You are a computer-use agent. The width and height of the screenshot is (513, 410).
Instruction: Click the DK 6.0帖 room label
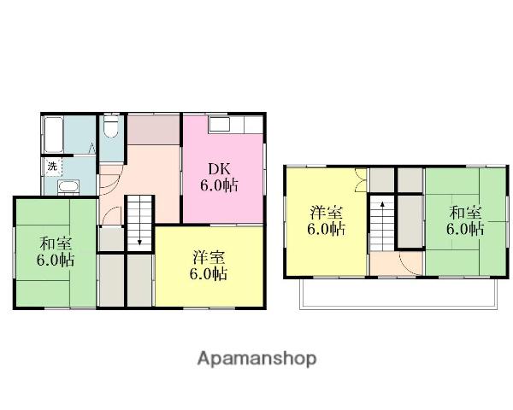point(219,177)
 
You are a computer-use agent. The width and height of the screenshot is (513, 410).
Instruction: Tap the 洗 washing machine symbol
point(52,167)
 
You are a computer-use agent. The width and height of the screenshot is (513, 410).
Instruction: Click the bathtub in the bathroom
point(54,134)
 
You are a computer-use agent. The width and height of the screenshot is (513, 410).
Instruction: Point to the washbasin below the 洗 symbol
point(68,187)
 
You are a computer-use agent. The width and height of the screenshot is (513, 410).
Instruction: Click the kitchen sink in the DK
point(223,124)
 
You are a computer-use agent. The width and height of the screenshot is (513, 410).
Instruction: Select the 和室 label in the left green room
point(56,243)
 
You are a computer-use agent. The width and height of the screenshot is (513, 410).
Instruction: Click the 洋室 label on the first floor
point(209,258)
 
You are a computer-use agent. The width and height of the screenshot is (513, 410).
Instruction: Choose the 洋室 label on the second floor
point(327,213)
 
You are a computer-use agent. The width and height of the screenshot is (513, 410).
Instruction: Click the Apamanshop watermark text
point(256,360)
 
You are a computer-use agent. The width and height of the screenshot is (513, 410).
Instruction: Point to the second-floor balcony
point(398,294)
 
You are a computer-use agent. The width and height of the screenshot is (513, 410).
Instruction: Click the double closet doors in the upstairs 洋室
point(361,179)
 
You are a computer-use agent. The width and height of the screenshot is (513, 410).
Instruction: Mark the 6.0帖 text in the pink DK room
point(219,185)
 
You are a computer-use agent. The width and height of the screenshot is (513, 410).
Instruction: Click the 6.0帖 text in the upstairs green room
point(465,229)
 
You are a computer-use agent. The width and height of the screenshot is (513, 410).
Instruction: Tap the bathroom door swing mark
point(92,148)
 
